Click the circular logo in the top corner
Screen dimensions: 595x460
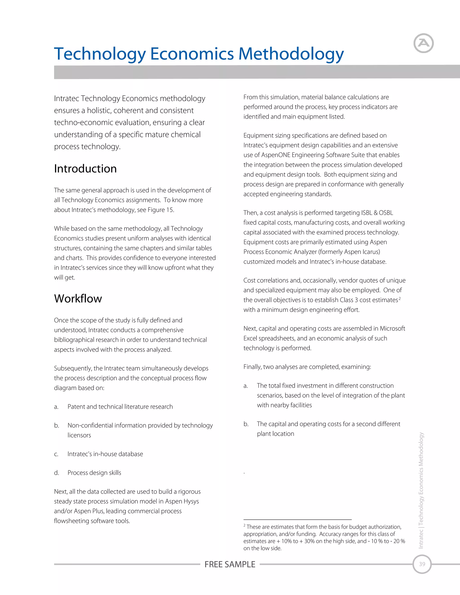point(423,43)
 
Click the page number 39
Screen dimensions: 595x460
point(422,564)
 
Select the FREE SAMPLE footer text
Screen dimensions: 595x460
point(230,564)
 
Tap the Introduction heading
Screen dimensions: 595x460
point(85,169)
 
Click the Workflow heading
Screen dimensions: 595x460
point(78,299)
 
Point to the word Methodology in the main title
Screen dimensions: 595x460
point(291,54)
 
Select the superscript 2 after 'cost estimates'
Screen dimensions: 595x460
point(400,299)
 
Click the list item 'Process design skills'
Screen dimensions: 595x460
point(94,473)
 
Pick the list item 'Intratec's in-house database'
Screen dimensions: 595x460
point(105,454)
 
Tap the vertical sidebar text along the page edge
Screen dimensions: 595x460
point(421,490)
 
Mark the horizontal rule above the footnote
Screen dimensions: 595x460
point(297,520)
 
